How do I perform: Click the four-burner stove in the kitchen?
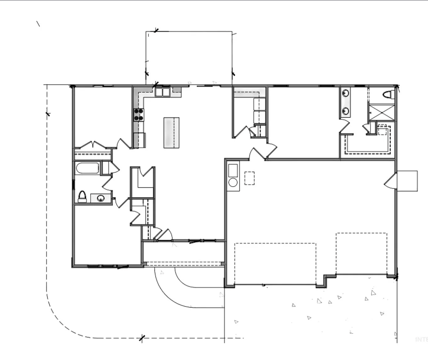(x=139, y=115)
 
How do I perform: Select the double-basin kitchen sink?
(x=163, y=92)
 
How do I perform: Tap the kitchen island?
(x=171, y=132)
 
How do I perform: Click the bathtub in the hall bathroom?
(x=87, y=168)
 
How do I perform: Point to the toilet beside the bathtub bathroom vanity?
(x=82, y=197)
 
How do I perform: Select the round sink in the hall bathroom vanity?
(x=100, y=198)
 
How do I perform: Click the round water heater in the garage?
(x=233, y=182)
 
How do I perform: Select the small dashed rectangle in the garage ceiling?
(x=249, y=178)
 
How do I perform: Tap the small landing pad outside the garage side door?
(x=407, y=181)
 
